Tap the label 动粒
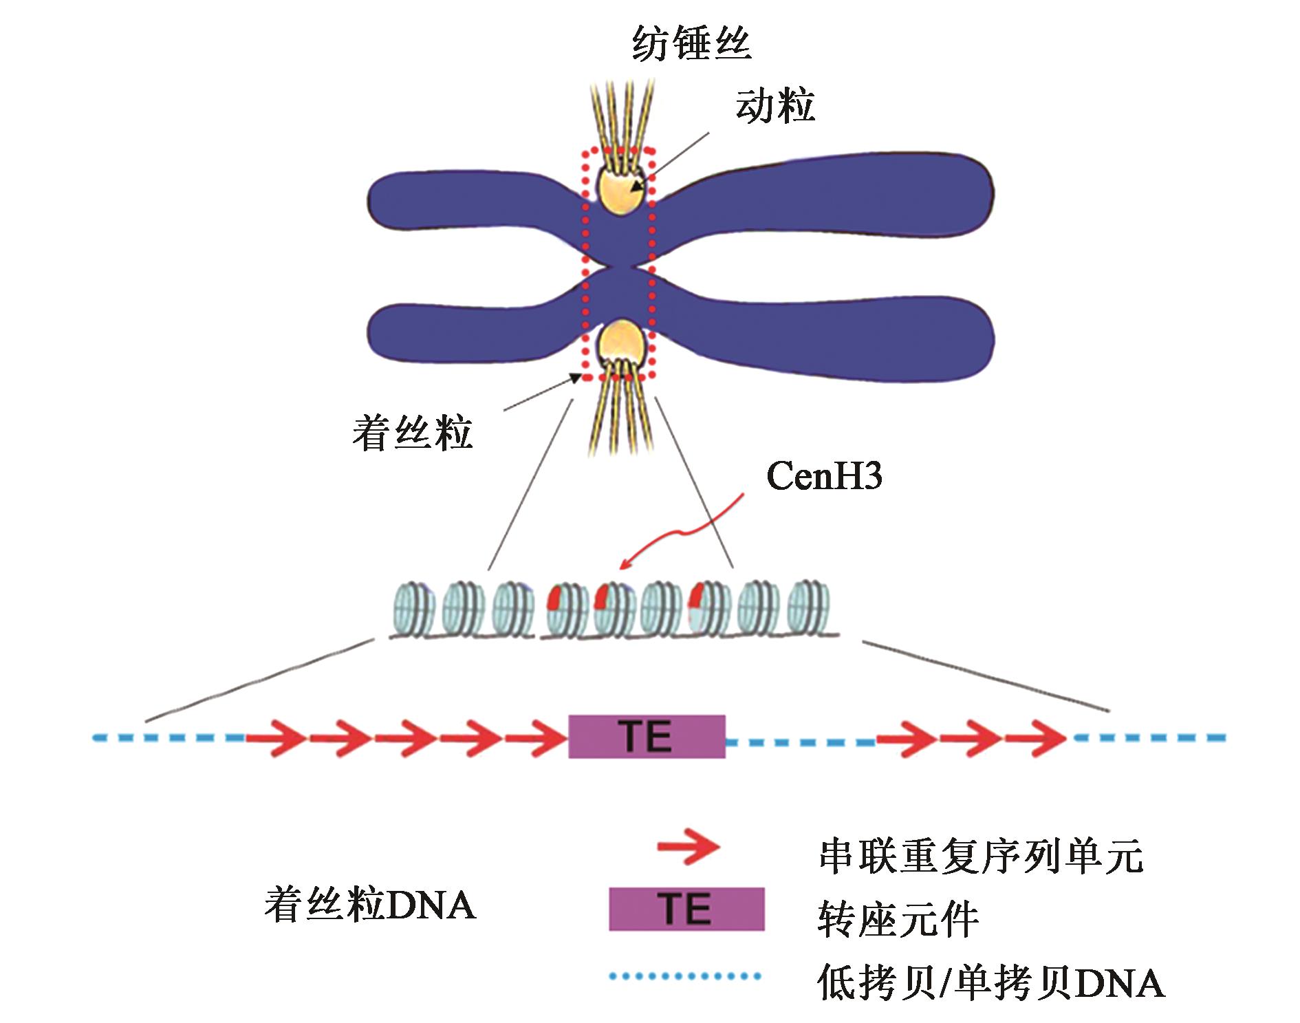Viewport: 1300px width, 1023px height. (775, 107)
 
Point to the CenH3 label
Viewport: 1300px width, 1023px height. (824, 476)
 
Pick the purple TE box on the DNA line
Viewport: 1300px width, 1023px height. (647, 737)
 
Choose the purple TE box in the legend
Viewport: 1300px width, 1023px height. (686, 909)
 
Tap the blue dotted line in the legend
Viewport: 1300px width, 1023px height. (685, 976)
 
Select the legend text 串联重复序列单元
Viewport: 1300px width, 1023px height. (981, 857)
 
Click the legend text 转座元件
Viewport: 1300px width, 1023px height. (898, 919)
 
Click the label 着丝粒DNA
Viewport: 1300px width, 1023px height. (369, 905)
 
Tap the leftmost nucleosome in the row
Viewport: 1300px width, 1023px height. (413, 610)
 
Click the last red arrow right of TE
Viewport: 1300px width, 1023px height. (1036, 738)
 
